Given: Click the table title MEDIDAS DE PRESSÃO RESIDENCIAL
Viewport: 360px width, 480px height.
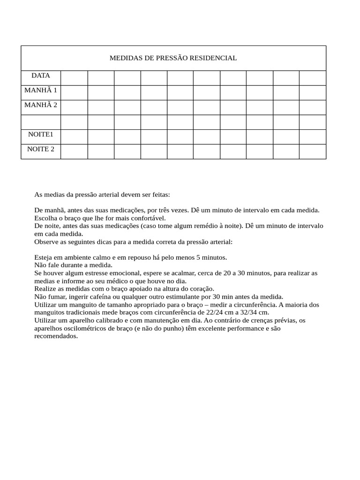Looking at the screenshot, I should [x=173, y=58].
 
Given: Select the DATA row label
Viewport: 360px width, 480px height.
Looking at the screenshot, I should [x=40, y=75].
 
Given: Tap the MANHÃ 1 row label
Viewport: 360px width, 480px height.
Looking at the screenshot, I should [x=40, y=90].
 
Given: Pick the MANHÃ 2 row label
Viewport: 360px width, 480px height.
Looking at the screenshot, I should [x=40, y=105].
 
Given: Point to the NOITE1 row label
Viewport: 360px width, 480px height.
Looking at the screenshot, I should [x=40, y=135].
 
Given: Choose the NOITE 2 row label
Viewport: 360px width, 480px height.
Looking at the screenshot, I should [x=40, y=149].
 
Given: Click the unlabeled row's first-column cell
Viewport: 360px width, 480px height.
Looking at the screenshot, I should [x=40, y=122].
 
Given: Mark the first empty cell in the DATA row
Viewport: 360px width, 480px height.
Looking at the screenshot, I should [x=74, y=78].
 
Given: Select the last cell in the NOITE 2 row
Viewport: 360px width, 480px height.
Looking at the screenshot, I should [x=312, y=151].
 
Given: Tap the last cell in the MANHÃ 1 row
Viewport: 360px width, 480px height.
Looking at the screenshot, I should [x=312, y=92].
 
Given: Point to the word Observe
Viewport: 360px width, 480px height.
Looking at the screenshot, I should [x=46, y=242].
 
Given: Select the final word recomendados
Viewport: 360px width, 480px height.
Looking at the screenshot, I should [x=56, y=336].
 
